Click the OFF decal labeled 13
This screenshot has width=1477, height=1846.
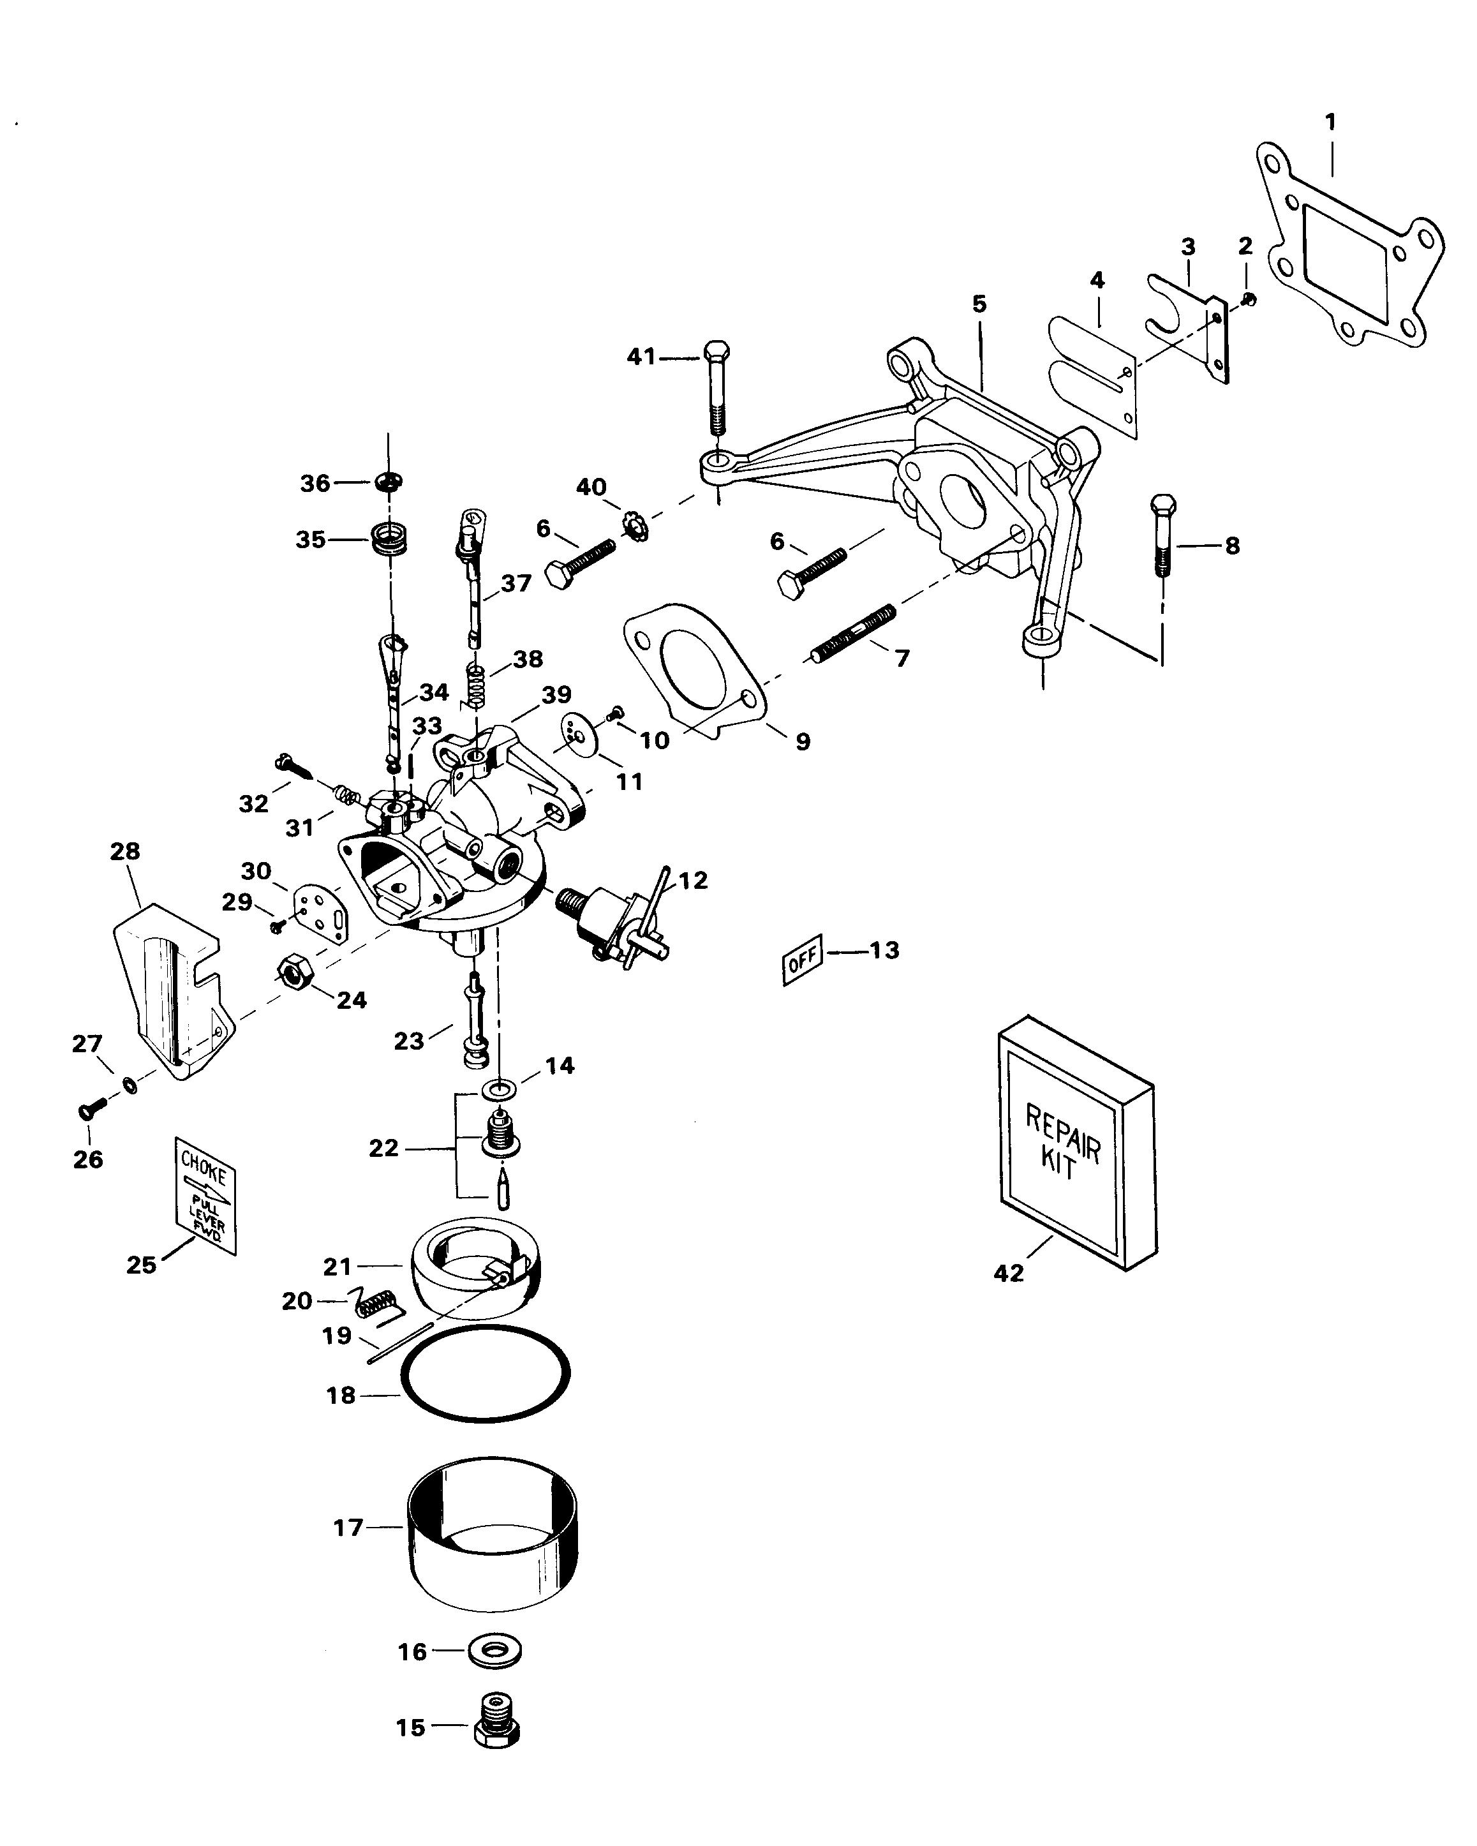point(802,959)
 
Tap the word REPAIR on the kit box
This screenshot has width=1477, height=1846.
point(1062,1131)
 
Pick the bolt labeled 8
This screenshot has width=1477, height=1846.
point(1162,535)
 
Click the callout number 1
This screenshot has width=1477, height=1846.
point(1330,123)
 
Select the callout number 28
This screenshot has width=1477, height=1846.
point(125,851)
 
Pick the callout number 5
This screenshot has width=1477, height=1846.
point(979,304)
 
